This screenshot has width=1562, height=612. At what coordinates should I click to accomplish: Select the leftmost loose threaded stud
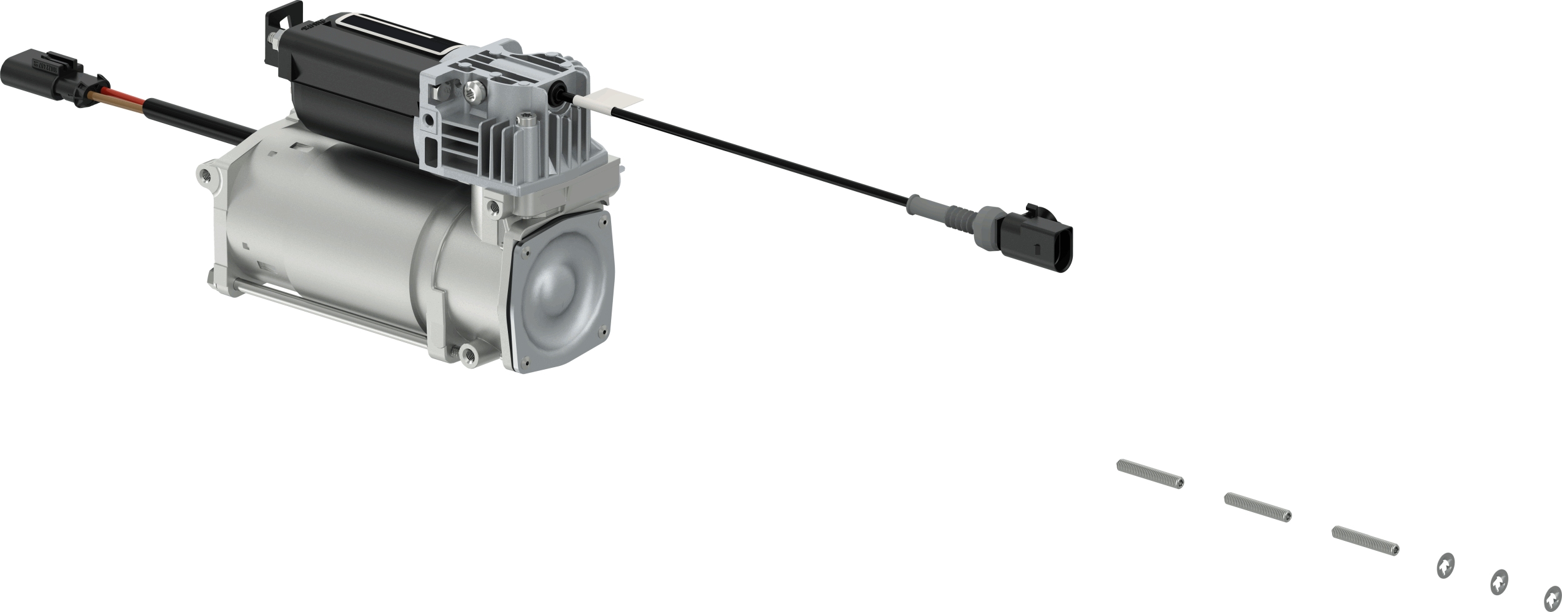click(1150, 474)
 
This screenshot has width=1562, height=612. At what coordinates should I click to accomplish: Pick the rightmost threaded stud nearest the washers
click(1365, 541)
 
